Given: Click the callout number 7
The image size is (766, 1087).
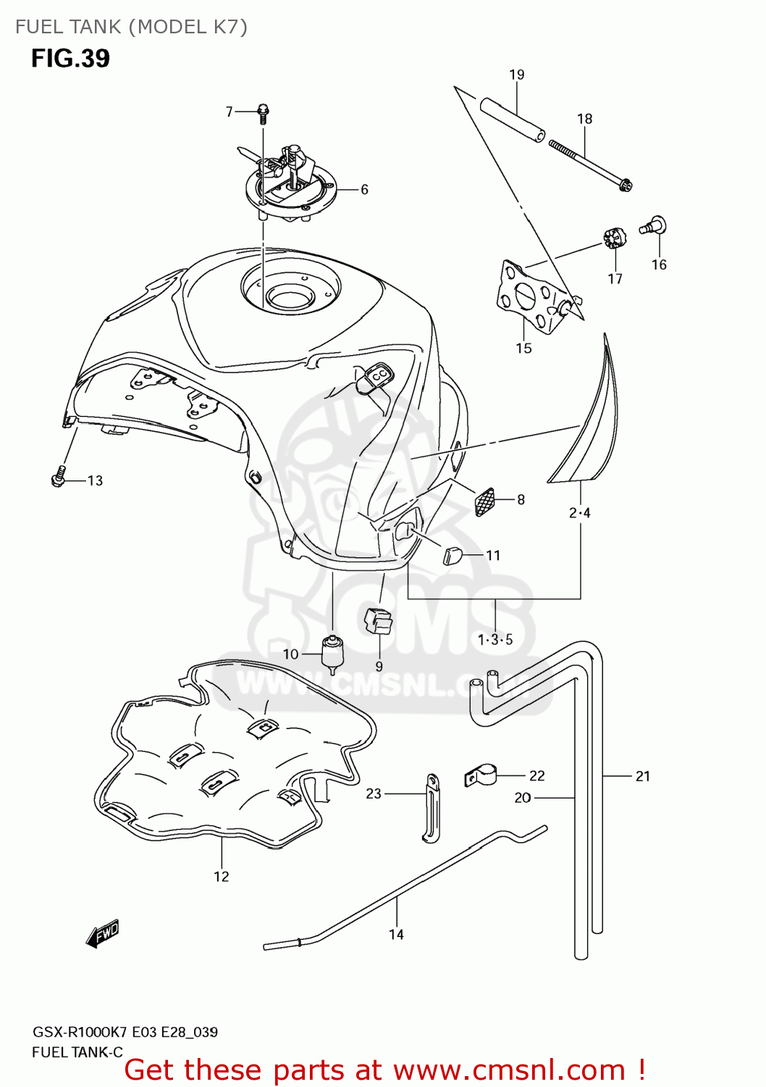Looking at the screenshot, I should coord(229,112).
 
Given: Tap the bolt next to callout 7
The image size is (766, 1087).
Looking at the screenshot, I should coord(263,113).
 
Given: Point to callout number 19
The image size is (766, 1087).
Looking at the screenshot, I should coord(516,75).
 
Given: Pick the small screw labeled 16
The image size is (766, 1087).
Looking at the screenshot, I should coord(653,226).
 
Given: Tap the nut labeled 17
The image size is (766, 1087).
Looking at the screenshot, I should coord(613,238).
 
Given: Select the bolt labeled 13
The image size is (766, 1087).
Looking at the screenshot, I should coord(59,478).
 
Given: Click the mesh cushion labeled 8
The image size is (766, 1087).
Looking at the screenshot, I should coord(484,501).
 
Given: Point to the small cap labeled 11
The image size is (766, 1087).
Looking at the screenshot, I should coord(452,556).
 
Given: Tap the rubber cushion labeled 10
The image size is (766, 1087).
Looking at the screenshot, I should coord(332,652).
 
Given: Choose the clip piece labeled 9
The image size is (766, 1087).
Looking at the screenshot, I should coord(377,621).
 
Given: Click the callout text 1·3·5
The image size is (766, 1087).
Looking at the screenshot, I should coord(495,639).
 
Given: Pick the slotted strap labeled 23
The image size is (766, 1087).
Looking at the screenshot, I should coord(432,808).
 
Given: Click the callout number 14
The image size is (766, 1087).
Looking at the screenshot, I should coord(396,934).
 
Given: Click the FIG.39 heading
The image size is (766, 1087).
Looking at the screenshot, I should coord(70,58).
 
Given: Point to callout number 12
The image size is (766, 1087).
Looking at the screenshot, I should coord(221,877).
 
